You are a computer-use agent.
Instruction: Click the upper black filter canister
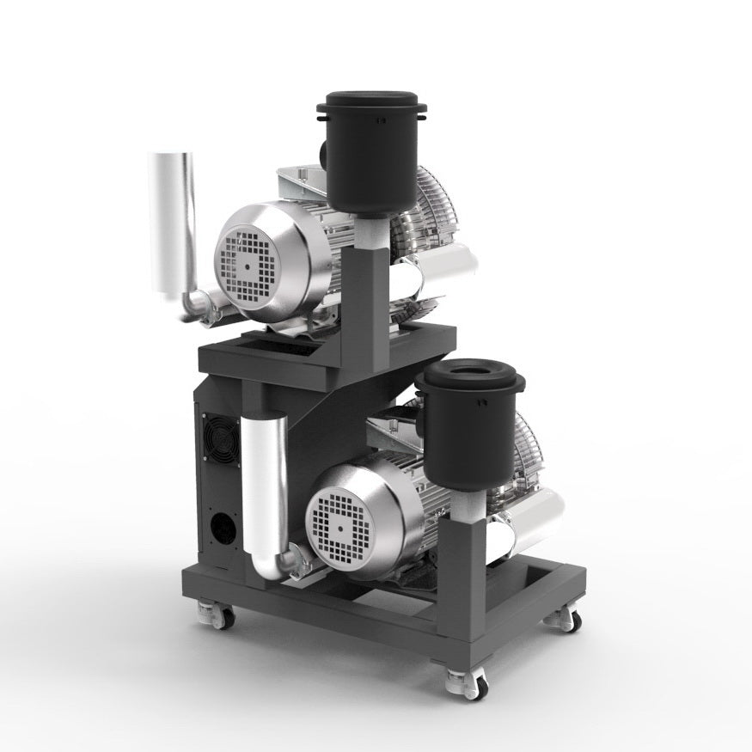click(x=372, y=159)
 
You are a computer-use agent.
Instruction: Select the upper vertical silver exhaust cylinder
click(x=173, y=223)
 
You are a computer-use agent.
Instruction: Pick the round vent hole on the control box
click(x=222, y=526)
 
